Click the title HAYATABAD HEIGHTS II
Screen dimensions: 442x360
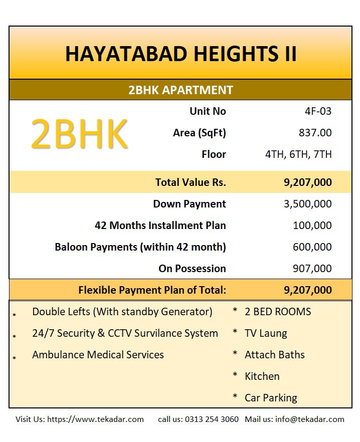181,54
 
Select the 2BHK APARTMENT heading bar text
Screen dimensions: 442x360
181,90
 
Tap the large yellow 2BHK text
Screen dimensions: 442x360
79,134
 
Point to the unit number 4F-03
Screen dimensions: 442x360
318,111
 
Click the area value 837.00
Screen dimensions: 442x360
315,133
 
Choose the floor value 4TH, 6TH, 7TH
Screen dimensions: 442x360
298,154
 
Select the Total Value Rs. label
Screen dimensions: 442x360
191,182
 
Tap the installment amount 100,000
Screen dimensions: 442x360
312,226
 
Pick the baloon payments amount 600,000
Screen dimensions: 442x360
312,247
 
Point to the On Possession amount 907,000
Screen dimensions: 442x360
312,269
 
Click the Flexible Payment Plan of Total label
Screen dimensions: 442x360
152,290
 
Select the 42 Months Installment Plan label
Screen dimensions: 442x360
160,226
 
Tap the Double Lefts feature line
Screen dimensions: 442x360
122,312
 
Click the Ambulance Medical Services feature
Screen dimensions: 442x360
98,355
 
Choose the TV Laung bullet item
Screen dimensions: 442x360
266,333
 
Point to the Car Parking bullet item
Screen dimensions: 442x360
271,398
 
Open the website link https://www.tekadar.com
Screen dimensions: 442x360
95,419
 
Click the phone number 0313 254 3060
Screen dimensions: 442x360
212,419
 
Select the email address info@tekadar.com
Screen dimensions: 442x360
310,419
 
